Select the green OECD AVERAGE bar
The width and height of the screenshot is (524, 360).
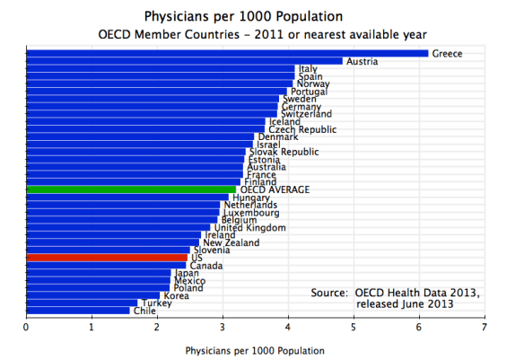tap(131, 189)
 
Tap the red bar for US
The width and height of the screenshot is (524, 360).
tap(107, 258)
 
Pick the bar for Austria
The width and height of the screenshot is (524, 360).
tap(184, 61)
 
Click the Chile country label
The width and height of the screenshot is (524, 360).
tap(144, 311)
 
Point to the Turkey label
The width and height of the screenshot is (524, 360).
tap(154, 303)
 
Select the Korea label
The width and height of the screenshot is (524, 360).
tap(176, 295)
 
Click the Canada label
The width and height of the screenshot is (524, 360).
tap(206, 266)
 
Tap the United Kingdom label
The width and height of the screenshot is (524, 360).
tap(250, 228)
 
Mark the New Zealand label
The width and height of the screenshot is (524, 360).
tap(231, 243)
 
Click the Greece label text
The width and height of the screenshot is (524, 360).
tap(447, 54)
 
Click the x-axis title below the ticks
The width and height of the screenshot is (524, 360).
tap(255, 349)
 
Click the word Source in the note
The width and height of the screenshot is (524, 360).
tap(328, 293)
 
